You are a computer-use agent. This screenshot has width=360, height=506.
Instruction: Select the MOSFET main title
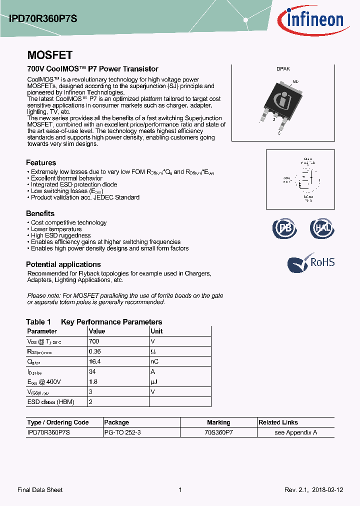[x=49, y=55]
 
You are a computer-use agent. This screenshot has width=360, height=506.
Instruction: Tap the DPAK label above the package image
[x=283, y=69]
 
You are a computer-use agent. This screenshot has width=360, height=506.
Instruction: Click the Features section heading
[x=41, y=162]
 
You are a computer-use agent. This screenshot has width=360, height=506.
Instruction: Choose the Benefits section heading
[x=40, y=213]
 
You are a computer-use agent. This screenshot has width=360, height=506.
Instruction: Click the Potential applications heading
[x=63, y=264]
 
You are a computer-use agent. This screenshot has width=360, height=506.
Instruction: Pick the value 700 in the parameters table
[x=94, y=341]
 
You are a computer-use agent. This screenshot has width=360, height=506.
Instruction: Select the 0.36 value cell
[x=94, y=351]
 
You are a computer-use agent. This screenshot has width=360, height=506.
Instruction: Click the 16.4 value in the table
[x=94, y=361]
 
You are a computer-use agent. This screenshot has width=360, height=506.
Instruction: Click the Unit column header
[x=156, y=331]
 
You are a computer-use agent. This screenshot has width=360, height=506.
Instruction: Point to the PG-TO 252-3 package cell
[x=122, y=432]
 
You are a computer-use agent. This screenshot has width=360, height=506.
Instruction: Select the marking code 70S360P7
[x=218, y=432]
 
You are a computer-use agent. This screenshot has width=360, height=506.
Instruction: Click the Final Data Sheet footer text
[x=40, y=490]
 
